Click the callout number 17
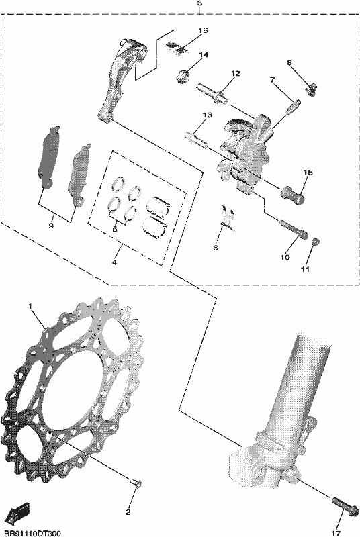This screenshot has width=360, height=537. click(x=336, y=533)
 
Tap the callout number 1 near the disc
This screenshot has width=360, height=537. click(x=30, y=305)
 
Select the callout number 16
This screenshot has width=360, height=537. click(x=203, y=30)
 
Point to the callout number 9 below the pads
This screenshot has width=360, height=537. click(x=51, y=226)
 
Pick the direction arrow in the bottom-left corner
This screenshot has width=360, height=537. click(x=19, y=511)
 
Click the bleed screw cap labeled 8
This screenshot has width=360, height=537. click(x=311, y=90)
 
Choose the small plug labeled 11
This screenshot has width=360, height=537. click(x=315, y=242)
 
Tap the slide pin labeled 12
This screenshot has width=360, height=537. click(x=213, y=93)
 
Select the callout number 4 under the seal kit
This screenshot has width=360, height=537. click(x=114, y=262)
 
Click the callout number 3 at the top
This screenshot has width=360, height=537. click(x=199, y=3)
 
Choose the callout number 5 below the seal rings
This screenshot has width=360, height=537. click(x=115, y=229)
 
